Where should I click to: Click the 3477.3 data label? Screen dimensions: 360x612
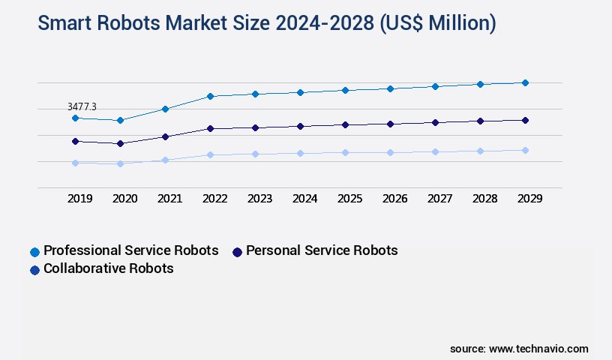pos(82,107)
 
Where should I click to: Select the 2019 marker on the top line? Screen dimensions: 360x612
pos(75,118)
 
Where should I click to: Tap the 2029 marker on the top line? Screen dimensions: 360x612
pos(525,82)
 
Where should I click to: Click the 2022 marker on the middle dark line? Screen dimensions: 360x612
pos(210,128)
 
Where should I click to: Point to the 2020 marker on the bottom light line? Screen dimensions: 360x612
pos(120,163)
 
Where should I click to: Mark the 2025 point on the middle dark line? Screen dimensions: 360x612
pos(345,124)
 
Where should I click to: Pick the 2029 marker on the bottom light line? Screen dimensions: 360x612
pos(525,150)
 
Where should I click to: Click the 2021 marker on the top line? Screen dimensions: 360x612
pos(165,109)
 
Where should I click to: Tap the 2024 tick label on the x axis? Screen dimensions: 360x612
pos(304,199)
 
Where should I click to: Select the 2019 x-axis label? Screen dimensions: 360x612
pos(80,199)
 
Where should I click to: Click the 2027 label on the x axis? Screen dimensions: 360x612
pos(439,199)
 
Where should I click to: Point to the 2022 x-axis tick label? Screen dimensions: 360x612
pos(215,199)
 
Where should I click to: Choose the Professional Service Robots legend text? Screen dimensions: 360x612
pos(131,250)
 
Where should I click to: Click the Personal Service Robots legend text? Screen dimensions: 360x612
pos(322,250)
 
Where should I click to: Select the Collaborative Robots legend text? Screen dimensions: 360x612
pos(109,268)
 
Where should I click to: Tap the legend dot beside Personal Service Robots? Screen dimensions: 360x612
pos(238,252)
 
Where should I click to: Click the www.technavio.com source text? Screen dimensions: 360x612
pos(538,349)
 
